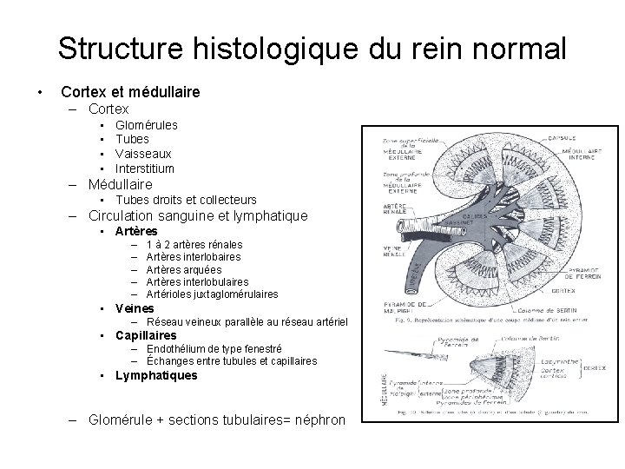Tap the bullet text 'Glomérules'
point(146,125)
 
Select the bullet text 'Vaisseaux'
point(142,154)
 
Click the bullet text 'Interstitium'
point(144,168)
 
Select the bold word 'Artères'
point(136,231)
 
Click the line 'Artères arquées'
point(184,269)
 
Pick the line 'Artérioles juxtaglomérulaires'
point(212,294)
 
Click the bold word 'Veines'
point(135,308)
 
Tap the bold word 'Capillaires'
point(145,335)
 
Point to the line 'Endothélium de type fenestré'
point(214,349)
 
